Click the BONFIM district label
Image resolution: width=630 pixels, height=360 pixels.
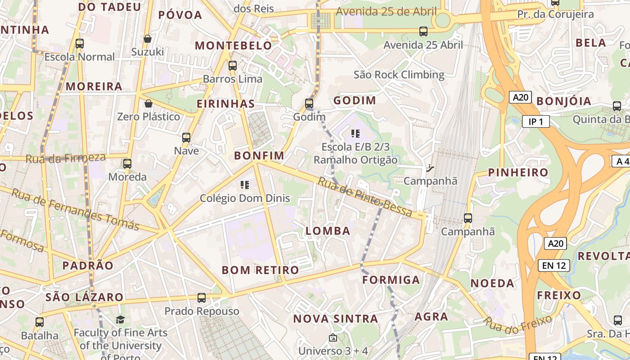[259, 156]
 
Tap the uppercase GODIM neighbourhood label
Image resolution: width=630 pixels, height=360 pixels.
[354, 100]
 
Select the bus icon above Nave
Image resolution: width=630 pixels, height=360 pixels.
[186, 138]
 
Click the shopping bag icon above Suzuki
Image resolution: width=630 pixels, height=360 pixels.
[147, 39]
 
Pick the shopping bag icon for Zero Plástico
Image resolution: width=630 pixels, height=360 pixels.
[148, 104]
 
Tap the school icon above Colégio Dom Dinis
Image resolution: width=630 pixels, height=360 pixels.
[245, 184]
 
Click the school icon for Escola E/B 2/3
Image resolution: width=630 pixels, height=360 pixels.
[355, 134]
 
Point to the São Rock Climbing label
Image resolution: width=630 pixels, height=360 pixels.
[399, 74]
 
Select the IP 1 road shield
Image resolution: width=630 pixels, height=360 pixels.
[536, 121]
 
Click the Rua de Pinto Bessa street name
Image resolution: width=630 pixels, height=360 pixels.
[365, 197]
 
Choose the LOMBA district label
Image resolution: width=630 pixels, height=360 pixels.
[328, 231]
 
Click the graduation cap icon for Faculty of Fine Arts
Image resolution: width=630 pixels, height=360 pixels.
[120, 319]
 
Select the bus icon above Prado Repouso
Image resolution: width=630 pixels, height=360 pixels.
[202, 297]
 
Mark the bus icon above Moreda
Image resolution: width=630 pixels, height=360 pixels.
[127, 163]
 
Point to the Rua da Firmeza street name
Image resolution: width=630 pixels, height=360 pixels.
[66, 158]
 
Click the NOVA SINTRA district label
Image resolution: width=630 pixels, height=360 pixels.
[335, 319]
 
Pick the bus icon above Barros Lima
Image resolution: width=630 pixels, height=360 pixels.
[233, 66]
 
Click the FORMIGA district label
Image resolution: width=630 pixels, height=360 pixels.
[391, 280]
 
